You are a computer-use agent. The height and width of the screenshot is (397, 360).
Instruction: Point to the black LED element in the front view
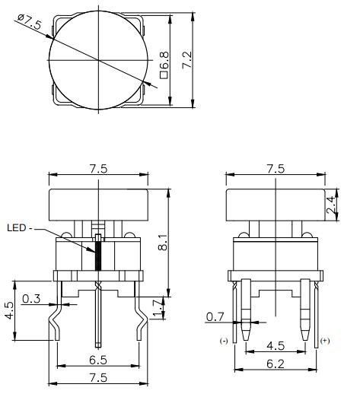click(98, 255)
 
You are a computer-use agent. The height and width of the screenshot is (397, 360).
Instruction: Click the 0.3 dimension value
click(32, 299)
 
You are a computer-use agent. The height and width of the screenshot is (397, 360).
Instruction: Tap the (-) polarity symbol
click(223, 340)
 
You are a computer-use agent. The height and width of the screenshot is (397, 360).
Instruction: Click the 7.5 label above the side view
click(275, 169)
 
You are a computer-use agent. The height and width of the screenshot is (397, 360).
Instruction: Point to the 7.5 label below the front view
click(97, 376)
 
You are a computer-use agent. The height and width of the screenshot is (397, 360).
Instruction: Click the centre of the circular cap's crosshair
click(98, 61)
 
